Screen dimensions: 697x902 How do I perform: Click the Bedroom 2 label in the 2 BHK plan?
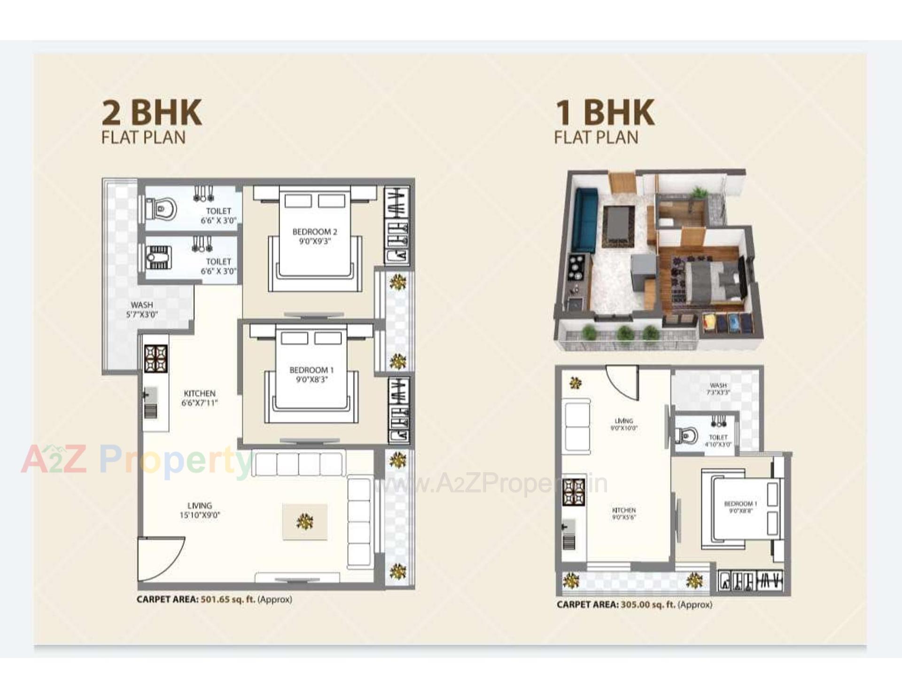(315, 236)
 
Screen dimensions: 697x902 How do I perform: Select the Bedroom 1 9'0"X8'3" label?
(311, 375)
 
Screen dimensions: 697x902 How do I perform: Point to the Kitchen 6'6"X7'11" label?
(200, 398)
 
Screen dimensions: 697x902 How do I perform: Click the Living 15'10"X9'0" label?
(200, 510)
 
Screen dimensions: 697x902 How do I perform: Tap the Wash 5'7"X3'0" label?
(142, 310)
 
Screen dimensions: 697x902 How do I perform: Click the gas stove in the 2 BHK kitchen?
(156, 359)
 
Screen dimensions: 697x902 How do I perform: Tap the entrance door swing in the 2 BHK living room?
(160, 559)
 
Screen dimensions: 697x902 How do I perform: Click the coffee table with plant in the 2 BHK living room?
(305, 522)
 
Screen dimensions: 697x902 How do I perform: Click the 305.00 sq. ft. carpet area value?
(648, 605)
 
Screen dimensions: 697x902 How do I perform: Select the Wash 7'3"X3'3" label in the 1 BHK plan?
(718, 389)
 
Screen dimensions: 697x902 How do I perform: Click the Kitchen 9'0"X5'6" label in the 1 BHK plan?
(624, 513)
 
